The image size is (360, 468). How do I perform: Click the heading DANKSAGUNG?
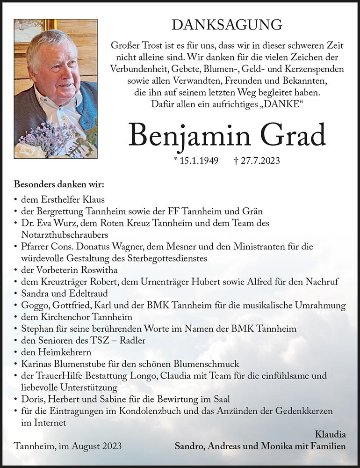227,24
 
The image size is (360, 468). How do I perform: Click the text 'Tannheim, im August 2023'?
68,446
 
